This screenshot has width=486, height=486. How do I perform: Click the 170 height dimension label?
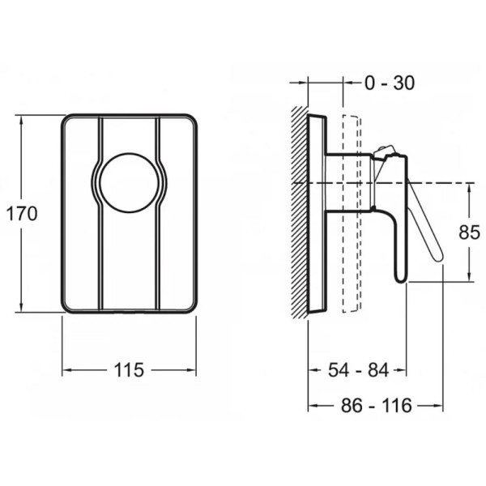(x=22, y=214)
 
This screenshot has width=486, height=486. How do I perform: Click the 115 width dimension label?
(x=130, y=370)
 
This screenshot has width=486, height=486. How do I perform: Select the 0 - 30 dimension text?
(x=390, y=83)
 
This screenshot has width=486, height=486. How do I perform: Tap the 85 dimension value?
(x=469, y=232)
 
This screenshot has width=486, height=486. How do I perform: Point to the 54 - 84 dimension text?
(x=358, y=370)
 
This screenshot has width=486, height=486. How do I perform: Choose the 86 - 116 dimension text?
(x=377, y=405)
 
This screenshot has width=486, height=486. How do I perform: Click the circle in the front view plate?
(x=130, y=182)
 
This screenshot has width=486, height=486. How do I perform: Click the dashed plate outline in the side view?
(x=352, y=213)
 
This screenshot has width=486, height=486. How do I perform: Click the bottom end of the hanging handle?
(x=401, y=279)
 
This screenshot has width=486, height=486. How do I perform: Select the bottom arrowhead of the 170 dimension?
(x=21, y=308)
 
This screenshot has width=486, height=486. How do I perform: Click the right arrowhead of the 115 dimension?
(x=191, y=370)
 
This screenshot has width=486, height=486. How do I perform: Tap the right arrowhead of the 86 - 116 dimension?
(x=438, y=405)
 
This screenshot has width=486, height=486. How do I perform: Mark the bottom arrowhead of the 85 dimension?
(x=469, y=277)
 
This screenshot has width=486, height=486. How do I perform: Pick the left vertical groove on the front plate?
(x=100, y=213)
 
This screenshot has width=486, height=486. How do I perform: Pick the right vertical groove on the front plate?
(x=159, y=213)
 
